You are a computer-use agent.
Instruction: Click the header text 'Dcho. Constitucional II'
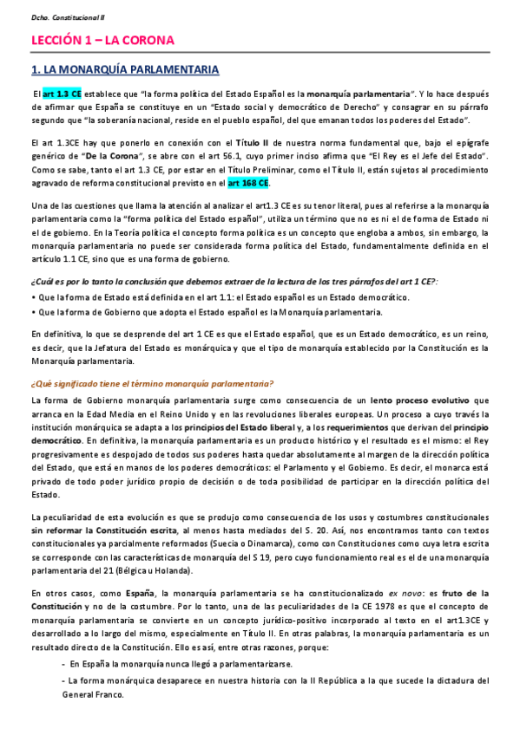tap(57, 16)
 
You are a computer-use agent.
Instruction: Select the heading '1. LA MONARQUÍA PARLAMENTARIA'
tap(124, 69)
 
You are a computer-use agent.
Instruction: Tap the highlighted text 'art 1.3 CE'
tap(63, 93)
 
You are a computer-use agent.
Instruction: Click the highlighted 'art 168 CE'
tap(248, 183)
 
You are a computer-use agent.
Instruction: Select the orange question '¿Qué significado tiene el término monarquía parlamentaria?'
tap(153, 384)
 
